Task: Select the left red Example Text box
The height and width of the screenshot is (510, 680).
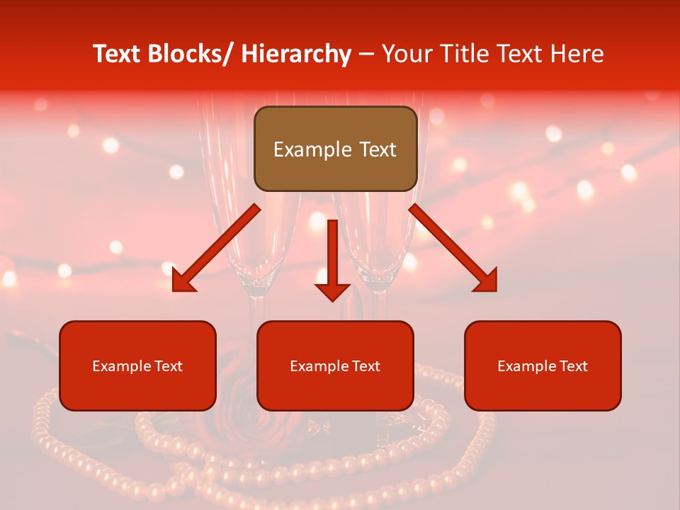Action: [x=137, y=365]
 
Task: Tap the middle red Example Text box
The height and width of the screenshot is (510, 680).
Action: [x=335, y=365]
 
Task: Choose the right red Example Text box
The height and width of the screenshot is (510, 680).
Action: [x=543, y=365]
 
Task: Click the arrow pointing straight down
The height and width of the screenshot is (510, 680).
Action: [x=332, y=259]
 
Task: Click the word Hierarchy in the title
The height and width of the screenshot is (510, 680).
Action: [x=296, y=54]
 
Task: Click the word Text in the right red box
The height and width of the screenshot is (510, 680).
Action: [x=573, y=365]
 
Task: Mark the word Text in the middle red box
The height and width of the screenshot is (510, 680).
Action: [x=365, y=365]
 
